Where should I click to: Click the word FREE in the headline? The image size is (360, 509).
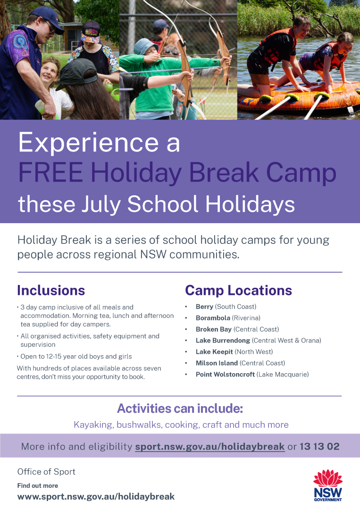tap(50, 172)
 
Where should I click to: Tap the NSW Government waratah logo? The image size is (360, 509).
tap(328, 485)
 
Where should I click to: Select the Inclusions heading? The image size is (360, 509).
tap(51, 290)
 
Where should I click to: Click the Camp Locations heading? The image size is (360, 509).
tap(239, 290)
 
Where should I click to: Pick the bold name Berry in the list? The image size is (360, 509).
tap(204, 307)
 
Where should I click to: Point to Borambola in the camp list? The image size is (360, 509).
tap(213, 318)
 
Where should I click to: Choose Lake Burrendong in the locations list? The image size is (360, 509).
tap(223, 341)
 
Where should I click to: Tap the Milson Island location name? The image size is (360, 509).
tap(217, 363)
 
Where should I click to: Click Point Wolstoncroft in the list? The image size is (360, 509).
tap(225, 374)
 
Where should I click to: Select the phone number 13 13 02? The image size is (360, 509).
tap(319, 446)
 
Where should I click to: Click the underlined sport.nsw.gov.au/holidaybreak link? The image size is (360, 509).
tap(210, 447)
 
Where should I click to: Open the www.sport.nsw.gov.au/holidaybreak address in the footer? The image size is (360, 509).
tap(96, 497)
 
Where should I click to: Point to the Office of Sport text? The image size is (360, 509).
tap(46, 472)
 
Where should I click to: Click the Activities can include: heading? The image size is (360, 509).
tap(180, 409)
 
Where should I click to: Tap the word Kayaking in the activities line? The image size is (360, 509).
tap(93, 425)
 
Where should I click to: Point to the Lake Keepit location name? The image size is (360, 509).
tap(214, 352)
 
